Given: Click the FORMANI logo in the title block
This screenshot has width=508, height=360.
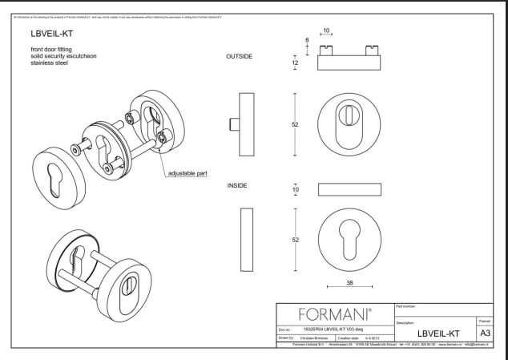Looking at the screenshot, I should (x=335, y=313).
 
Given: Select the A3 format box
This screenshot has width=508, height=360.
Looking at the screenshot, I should (x=485, y=333).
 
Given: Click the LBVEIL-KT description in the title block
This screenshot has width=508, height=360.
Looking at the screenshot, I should (x=438, y=334).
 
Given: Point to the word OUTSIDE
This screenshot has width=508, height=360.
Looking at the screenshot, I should (x=240, y=57).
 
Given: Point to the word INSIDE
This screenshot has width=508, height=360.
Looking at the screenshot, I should (x=238, y=185).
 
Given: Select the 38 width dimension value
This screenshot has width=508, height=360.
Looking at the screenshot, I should (x=349, y=282).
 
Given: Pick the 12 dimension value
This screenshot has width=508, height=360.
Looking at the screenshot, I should (x=295, y=63).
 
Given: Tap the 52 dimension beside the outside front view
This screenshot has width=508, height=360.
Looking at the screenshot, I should (x=295, y=124).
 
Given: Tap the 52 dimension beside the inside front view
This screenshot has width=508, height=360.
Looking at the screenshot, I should (x=295, y=240).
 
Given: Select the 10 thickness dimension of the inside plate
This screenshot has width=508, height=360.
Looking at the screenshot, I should (x=295, y=189).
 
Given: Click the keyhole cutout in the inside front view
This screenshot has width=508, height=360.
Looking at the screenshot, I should (x=349, y=237).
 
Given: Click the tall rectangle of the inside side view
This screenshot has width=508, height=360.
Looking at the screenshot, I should (x=247, y=238).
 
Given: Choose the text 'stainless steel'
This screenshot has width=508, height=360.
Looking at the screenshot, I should (x=49, y=63).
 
